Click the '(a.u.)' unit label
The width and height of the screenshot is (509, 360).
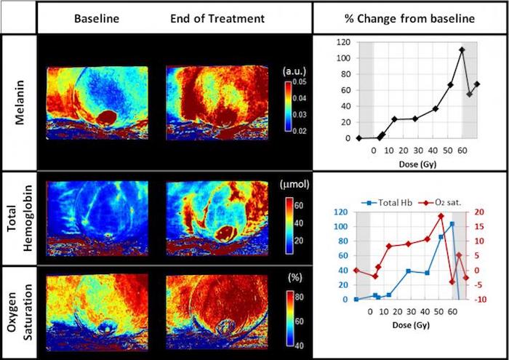point(295,71)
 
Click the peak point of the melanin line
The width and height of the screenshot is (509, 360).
point(462,50)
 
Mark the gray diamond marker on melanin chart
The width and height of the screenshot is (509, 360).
point(470,94)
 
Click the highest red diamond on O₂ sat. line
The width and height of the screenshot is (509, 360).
point(441,216)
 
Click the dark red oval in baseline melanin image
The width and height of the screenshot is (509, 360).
point(109,117)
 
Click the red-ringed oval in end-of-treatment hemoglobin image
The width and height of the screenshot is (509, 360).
point(225,233)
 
